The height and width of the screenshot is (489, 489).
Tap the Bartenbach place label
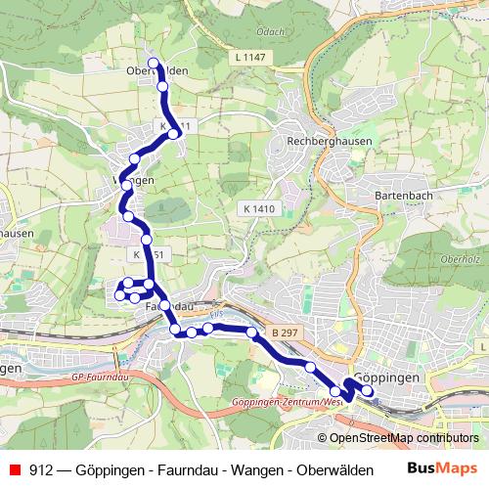pos(402,195)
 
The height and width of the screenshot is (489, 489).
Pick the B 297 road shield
pos(285,333)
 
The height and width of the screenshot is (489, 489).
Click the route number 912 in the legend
pos(41,468)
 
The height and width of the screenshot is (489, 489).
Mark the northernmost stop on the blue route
pos(154,64)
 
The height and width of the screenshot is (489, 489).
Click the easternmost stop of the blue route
pos(368,391)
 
